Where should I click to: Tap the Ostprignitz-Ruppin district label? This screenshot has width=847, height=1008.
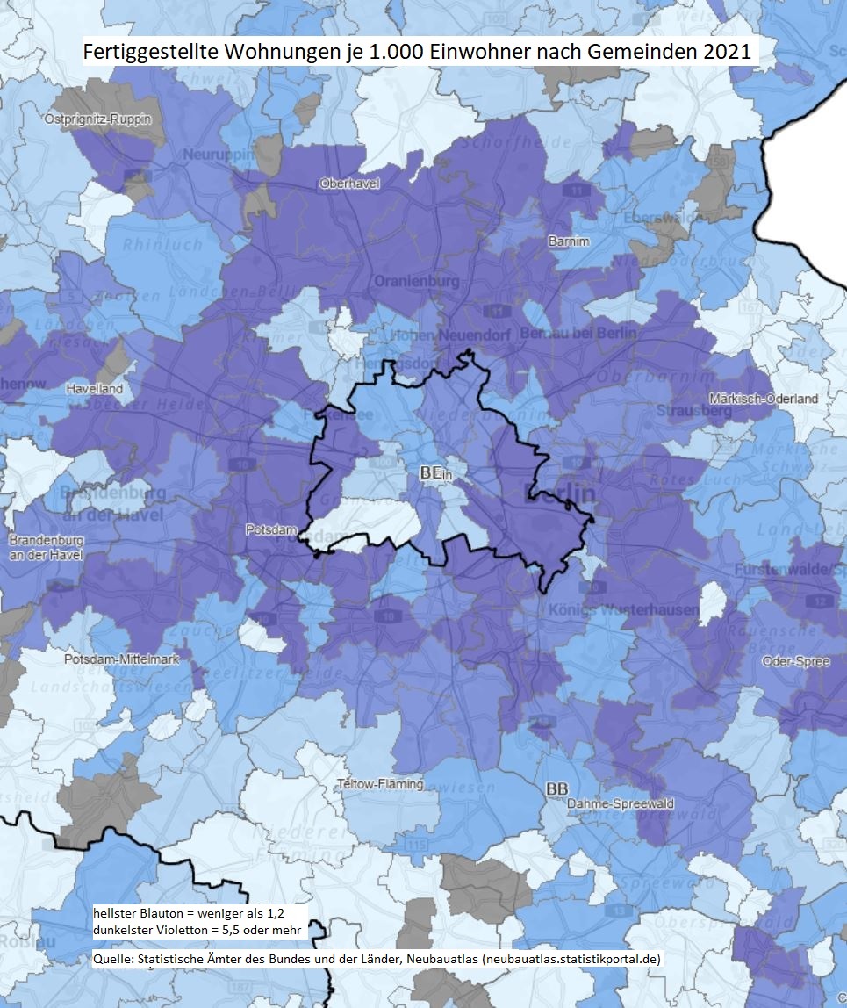[98, 119]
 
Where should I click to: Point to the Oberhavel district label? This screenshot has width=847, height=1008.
[349, 184]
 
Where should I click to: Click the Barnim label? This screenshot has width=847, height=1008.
[568, 241]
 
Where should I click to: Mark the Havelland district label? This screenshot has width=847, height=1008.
[95, 388]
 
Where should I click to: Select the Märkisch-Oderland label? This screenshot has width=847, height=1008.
[764, 399]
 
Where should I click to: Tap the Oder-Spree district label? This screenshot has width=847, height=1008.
[796, 661]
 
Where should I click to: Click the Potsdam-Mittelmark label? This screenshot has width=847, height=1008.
[109, 659]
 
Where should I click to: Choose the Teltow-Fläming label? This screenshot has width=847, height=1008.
[380, 784]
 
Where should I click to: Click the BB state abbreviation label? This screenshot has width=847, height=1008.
[556, 788]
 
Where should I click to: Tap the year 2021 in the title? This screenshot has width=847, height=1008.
[729, 52]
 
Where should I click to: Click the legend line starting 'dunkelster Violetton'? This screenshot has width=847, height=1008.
[197, 929]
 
